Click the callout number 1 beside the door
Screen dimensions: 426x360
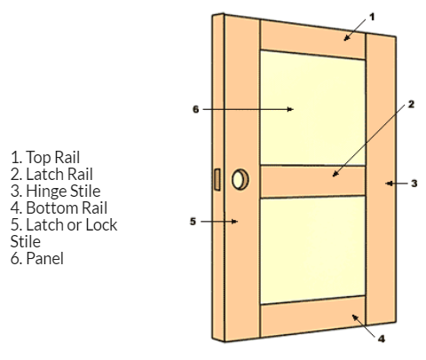click(372, 17)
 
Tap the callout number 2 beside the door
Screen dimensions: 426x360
click(411, 105)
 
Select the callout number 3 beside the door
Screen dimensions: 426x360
click(414, 184)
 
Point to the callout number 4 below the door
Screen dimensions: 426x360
click(382, 339)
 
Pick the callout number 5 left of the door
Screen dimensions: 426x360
click(193, 222)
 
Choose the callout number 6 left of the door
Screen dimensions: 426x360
click(195, 109)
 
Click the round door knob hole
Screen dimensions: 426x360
click(240, 180)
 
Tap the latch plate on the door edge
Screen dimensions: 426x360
click(217, 179)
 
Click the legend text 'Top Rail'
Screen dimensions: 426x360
click(53, 157)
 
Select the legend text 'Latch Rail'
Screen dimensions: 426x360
click(59, 174)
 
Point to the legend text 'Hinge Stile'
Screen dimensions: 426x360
click(63, 191)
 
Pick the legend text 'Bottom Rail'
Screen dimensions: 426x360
click(67, 207)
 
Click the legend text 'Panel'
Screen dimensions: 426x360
click(45, 258)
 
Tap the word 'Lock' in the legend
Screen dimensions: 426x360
click(101, 224)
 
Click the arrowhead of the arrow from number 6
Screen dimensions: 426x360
click(290, 109)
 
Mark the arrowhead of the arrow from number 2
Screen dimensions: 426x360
click(335, 174)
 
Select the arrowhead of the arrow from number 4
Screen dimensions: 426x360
click(355, 317)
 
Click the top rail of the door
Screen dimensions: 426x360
click(312, 40)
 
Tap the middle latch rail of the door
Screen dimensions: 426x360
click(312, 181)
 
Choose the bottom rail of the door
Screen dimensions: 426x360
click(312, 317)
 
